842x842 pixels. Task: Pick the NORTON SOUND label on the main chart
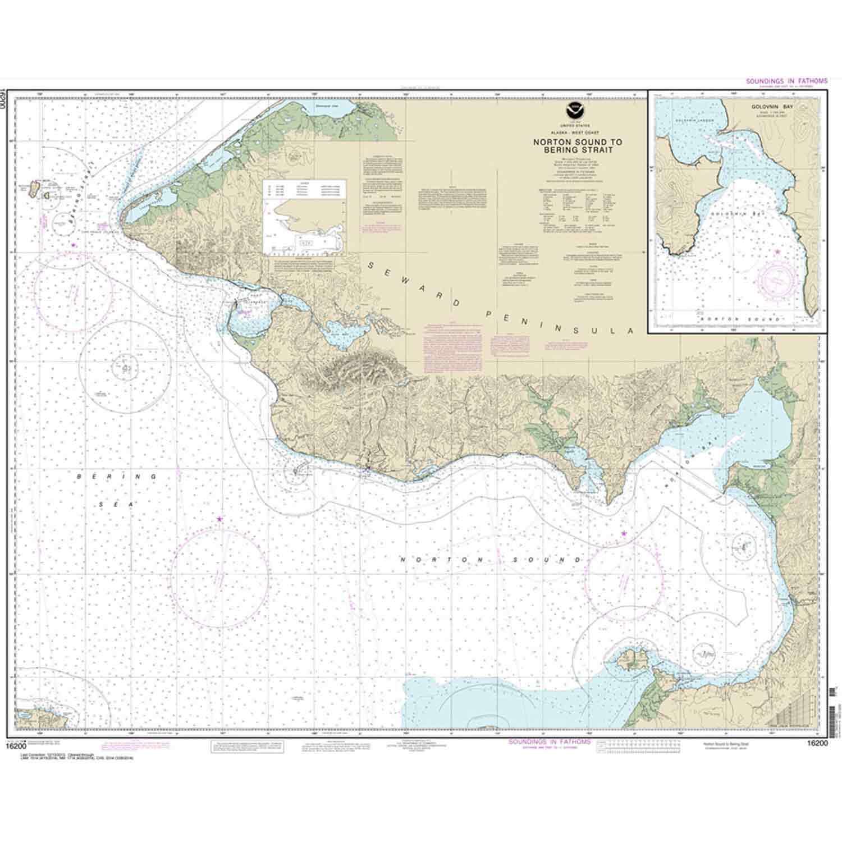pos(492,560)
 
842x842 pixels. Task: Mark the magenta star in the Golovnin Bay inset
pos(777,251)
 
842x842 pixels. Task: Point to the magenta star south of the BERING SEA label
pos(219,519)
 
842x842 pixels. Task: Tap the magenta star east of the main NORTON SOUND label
pos(624,533)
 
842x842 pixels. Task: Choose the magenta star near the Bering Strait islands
pos(73,245)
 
